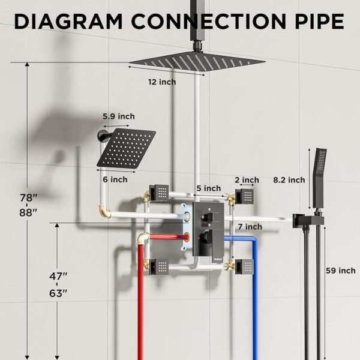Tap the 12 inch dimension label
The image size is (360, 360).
162,82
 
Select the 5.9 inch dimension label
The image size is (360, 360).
118,116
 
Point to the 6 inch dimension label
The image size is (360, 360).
115,179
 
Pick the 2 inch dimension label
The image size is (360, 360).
247,180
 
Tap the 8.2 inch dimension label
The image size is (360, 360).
289,179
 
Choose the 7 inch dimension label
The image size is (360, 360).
249,226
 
